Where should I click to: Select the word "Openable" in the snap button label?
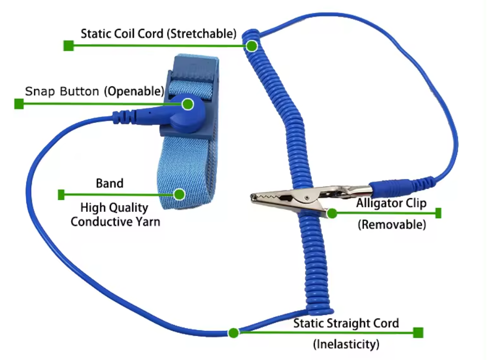pos(135,92)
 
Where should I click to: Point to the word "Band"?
pos(110,184)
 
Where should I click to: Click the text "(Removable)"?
pos(392,226)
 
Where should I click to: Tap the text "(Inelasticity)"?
pos(346,344)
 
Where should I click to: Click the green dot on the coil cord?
pos(252,46)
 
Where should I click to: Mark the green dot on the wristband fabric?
pos(179,195)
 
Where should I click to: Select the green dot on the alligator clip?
pos(332,213)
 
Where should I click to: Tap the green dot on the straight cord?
pos(233,333)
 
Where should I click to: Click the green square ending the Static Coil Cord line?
pos(68,46)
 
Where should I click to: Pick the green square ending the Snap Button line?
pos(19,104)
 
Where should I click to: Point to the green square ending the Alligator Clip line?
pos(438,213)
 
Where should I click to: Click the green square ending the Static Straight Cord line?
pos(418,333)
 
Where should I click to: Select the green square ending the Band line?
pos(61,195)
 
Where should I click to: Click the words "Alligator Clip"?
pos(391,203)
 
